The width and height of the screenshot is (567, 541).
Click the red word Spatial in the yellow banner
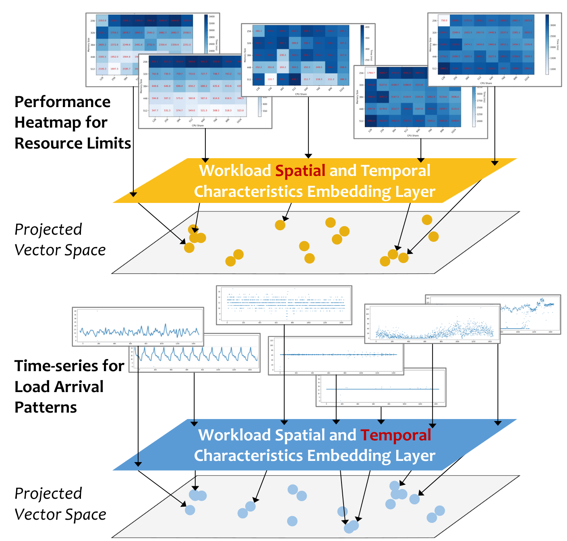(300, 171)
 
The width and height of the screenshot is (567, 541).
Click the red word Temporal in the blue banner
(395, 435)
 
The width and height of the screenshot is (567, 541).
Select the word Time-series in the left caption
(69, 366)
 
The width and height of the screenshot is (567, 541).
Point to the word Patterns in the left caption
(46, 407)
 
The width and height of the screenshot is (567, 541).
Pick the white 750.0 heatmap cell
(444, 21)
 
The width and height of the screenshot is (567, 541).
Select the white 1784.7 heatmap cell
(371, 73)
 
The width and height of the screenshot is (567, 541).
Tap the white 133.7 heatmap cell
(271, 79)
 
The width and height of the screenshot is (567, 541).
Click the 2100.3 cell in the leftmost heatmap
(102, 69)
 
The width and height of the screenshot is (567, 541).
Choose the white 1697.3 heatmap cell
(114, 69)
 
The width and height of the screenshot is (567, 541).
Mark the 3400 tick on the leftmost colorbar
(211, 17)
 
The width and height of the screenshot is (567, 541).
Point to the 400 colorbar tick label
(367, 27)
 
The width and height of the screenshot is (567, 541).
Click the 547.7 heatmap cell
(155, 110)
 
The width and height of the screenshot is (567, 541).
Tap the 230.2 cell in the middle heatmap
(283, 55)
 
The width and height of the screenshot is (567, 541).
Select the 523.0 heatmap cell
(240, 110)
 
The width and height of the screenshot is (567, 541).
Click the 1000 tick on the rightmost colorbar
(553, 69)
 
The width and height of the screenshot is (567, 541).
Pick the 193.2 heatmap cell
(283, 67)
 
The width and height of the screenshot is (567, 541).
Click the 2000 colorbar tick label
(480, 121)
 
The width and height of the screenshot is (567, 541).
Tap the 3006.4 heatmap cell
(455, 97)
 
